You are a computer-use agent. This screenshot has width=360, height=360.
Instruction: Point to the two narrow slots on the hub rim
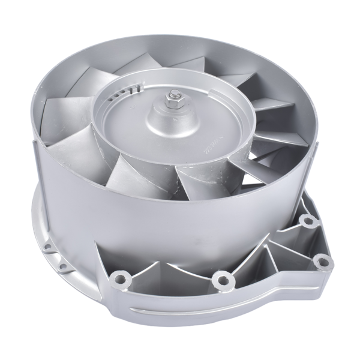pos(138,87)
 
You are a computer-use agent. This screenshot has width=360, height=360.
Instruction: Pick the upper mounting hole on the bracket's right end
pos(308,223)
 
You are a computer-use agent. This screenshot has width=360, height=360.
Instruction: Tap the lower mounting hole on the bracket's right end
pos(323,259)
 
